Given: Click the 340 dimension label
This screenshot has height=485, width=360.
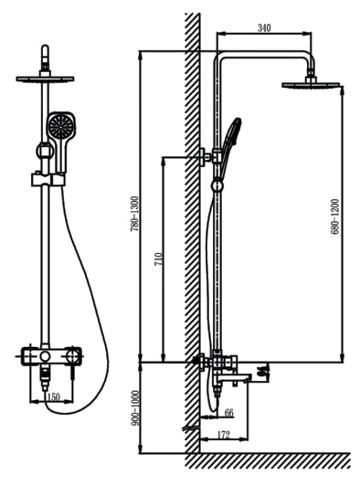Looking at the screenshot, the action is click(x=264, y=27).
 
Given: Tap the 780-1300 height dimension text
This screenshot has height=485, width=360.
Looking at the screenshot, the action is click(x=134, y=214).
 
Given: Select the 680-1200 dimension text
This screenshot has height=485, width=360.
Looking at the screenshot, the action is click(x=335, y=216).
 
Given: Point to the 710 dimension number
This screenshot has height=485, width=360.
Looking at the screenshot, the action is click(x=158, y=259).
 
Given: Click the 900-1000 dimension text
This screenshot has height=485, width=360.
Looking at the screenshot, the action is click(x=135, y=407).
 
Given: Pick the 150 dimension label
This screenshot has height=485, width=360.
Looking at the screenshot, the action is click(x=53, y=396).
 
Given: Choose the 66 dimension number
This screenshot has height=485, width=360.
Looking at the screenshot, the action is click(x=228, y=412).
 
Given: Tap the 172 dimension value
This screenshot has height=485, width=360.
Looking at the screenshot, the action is click(x=224, y=435).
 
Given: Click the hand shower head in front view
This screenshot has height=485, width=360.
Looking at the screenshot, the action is click(x=61, y=126).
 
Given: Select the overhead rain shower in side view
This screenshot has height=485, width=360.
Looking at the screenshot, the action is click(x=311, y=84).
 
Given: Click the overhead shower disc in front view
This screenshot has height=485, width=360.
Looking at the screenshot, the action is click(x=45, y=79).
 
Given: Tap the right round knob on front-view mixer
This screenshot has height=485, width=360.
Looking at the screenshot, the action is click(x=74, y=356).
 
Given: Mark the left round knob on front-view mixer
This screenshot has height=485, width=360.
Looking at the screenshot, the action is click(x=46, y=356).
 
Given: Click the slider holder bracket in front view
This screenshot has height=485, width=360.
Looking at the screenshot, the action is click(x=48, y=180).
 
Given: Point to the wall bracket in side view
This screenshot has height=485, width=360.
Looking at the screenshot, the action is click(x=206, y=157).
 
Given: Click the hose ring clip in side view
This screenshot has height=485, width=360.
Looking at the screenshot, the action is click(x=217, y=186).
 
